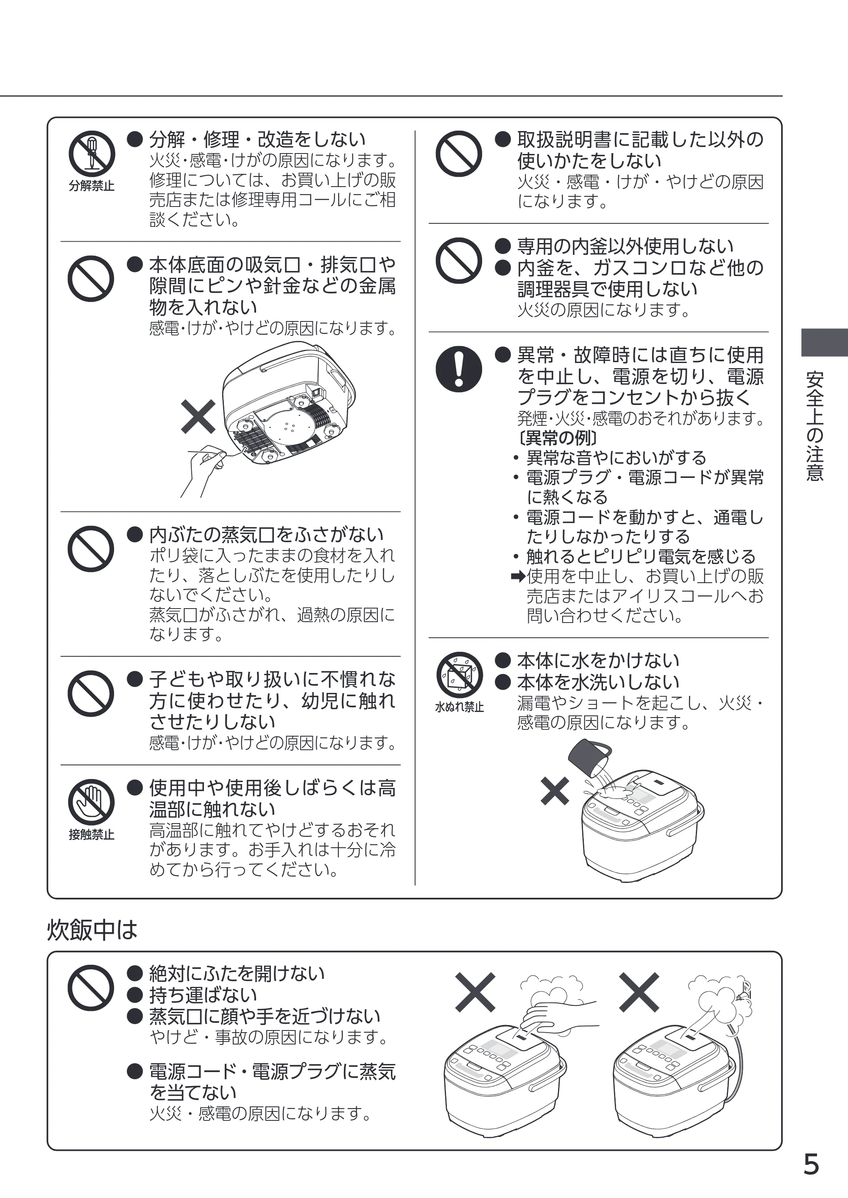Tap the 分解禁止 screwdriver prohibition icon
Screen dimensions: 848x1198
[92, 154]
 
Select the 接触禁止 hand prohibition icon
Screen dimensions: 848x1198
[92, 802]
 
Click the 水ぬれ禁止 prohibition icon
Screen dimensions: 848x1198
[459, 675]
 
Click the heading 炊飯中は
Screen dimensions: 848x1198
[92, 930]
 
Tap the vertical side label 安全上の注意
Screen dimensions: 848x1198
[815, 426]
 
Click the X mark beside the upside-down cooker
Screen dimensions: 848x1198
[198, 416]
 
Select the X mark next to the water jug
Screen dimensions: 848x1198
[555, 791]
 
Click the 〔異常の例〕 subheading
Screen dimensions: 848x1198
[557, 438]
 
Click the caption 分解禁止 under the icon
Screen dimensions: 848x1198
[92, 185]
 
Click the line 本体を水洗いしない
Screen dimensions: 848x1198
[598, 682]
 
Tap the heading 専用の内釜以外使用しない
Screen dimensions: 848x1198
[625, 246]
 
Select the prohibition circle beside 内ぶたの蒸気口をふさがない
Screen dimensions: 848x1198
[91, 549]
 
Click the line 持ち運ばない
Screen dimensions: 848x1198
[203, 995]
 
